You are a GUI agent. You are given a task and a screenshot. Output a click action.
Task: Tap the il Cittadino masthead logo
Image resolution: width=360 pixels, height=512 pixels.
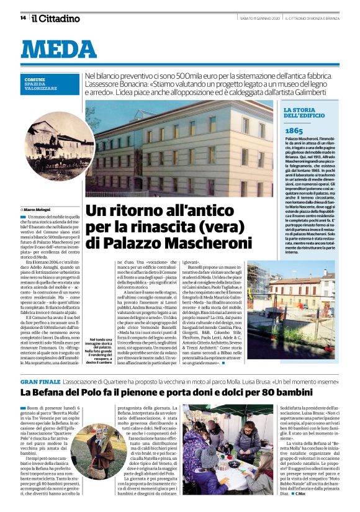56,18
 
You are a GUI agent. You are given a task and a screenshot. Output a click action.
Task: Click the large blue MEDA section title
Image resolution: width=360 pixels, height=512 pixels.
59,50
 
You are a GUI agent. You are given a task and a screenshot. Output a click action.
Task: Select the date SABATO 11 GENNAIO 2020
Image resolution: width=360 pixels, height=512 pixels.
259,19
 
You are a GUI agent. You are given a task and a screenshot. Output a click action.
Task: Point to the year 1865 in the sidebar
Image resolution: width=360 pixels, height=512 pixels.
294,131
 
